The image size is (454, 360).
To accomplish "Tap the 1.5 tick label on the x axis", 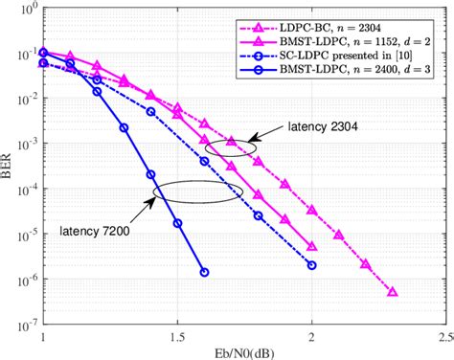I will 176,337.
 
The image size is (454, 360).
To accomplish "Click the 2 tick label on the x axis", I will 312,337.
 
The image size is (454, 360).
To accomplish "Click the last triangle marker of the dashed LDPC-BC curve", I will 393,292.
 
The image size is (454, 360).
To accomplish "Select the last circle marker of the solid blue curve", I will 204,272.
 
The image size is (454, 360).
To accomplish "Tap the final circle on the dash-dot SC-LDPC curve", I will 312,264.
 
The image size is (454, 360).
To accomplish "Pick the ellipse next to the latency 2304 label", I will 231,146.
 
